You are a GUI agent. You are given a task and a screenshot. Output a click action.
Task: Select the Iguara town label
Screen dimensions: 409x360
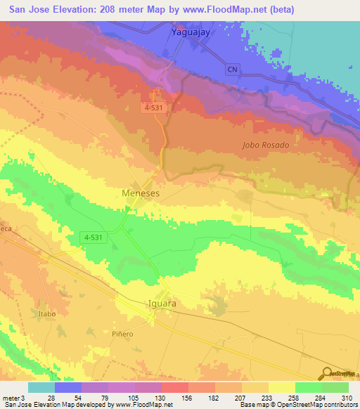pos(162,304)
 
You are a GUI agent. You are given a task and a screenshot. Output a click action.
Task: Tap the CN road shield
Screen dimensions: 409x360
pos(233,70)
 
